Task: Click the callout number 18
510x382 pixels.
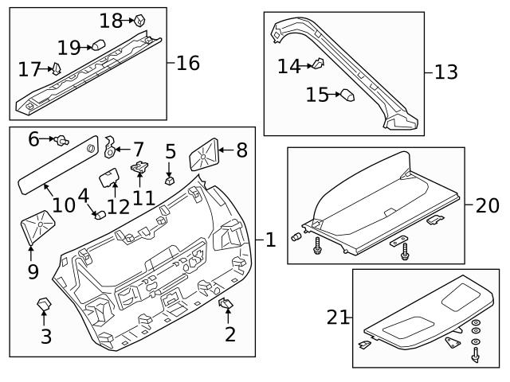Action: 111,20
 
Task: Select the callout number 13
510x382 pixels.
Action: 445,72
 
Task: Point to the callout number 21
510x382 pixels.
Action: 338,318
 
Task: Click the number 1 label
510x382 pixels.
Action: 270,239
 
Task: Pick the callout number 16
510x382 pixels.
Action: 188,62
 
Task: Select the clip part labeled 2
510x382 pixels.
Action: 226,302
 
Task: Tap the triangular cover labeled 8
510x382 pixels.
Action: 203,154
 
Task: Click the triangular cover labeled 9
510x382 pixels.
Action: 37,228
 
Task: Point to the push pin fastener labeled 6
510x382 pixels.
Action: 60,141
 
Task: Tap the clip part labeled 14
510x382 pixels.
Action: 317,64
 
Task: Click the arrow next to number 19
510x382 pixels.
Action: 88,47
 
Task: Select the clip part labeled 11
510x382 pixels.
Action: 140,167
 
